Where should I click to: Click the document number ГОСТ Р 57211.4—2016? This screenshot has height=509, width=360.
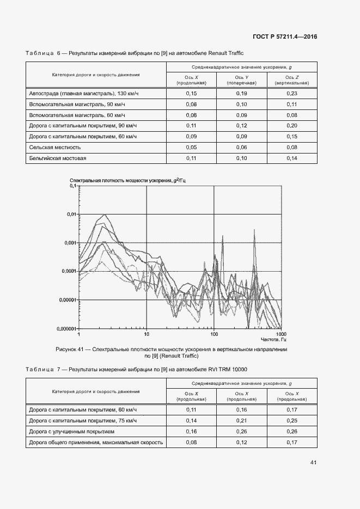coord(285,37)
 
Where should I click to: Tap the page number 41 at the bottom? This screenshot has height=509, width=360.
coord(313,462)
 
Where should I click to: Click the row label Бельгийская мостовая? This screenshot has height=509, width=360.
coord(58,158)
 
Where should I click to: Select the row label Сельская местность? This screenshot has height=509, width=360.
coord(54,147)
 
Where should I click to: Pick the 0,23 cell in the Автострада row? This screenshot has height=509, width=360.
coord(292,94)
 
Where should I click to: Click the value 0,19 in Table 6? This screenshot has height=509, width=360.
coord(241,94)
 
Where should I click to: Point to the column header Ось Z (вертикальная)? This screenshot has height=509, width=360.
coord(292,81)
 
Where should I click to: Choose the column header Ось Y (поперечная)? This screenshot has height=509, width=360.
coord(241,81)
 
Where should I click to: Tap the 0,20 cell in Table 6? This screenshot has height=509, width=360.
coord(292,126)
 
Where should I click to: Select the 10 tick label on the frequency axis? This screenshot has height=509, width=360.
coord(147,334)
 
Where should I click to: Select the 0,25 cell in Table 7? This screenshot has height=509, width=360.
coord(292,421)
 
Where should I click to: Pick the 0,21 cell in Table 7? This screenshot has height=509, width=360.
coord(241,421)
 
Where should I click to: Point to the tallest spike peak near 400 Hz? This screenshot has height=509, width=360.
coord(254,230)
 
